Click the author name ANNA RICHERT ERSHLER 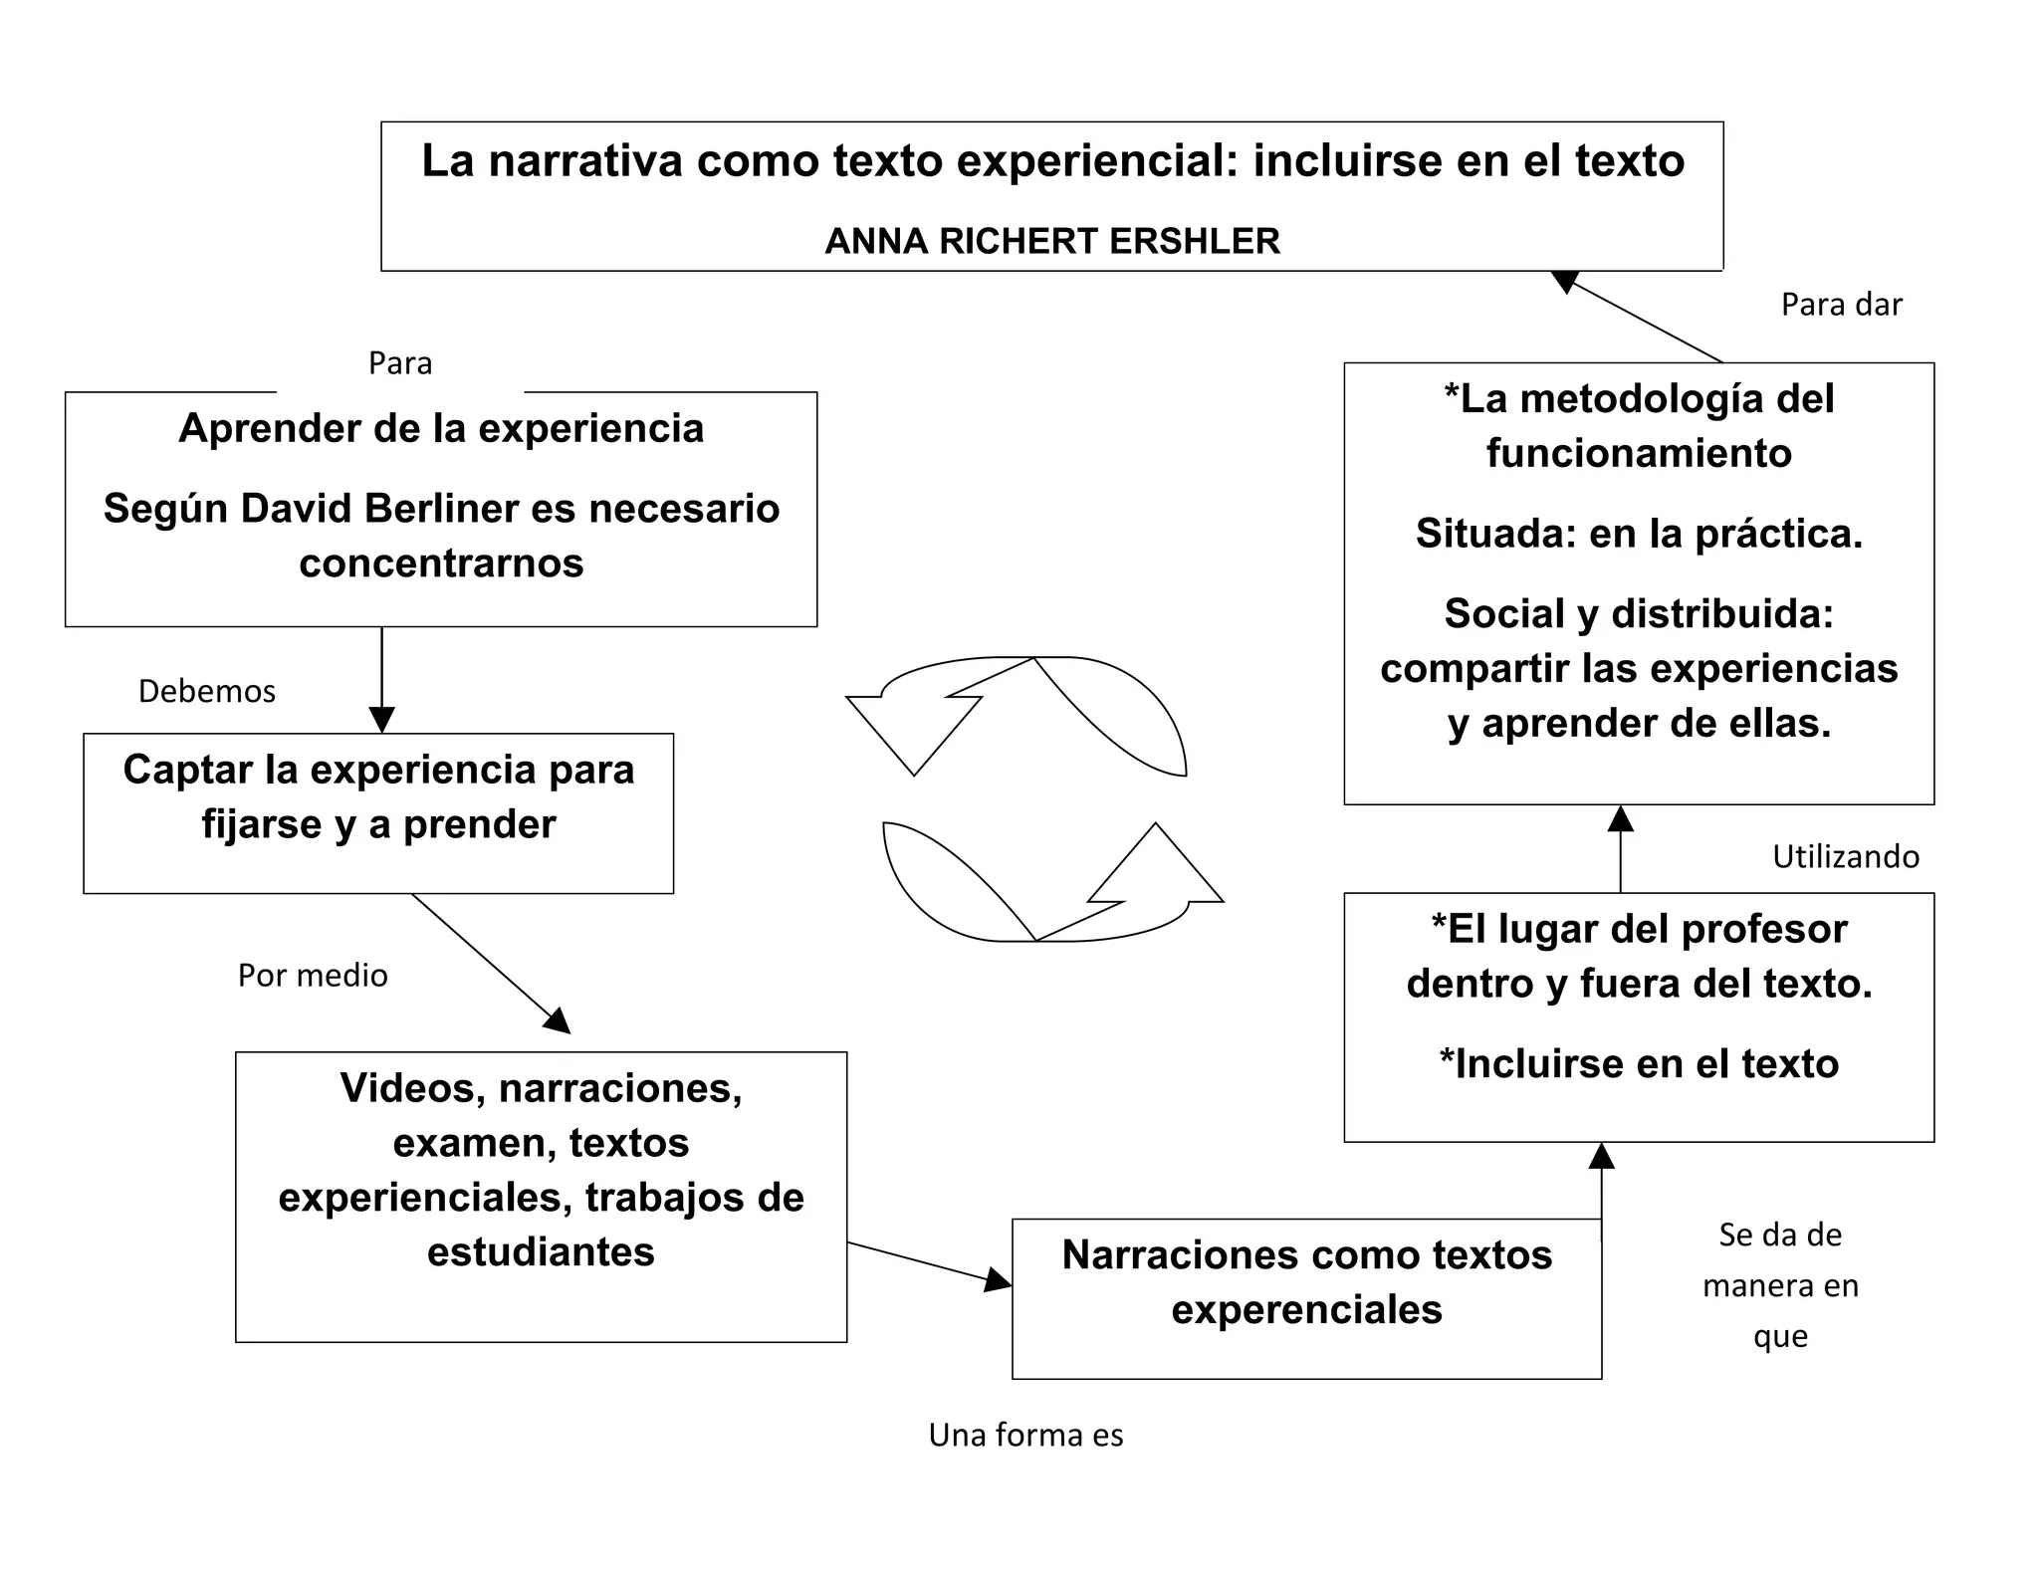[1052, 242]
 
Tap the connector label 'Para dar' [1841, 305]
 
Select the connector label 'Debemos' [207, 692]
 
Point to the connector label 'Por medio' [313, 976]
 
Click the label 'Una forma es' [1025, 1436]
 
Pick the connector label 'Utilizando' [1846, 857]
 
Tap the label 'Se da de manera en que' [1780, 1285]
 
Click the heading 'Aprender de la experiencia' [441, 429]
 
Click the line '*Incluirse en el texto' [1639, 1064]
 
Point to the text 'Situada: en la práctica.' [1639, 535]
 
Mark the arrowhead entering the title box [1566, 282]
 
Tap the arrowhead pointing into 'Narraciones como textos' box [997, 1280]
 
